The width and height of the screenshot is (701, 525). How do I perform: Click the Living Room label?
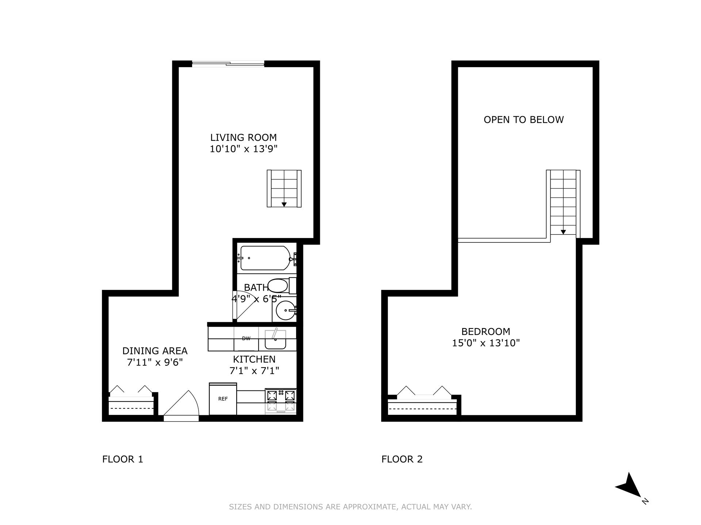(243, 137)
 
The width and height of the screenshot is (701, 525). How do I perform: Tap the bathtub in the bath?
(265, 258)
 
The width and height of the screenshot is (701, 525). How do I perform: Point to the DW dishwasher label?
(246, 338)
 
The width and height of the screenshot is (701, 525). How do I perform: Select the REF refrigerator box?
(223, 399)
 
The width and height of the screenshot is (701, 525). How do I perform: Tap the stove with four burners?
(280, 400)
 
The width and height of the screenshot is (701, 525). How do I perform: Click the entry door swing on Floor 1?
(181, 405)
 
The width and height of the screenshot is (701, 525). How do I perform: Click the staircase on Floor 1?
(284, 188)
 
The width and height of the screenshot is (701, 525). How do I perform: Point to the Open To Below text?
(524, 120)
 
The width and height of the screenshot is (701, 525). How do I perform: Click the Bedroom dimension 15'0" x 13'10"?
(486, 343)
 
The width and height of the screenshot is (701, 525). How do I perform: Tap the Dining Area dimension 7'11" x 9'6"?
(154, 362)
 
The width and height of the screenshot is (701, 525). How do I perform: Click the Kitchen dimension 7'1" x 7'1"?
(254, 371)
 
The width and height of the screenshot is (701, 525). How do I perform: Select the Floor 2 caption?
(402, 459)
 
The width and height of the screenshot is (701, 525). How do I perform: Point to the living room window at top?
(228, 64)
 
